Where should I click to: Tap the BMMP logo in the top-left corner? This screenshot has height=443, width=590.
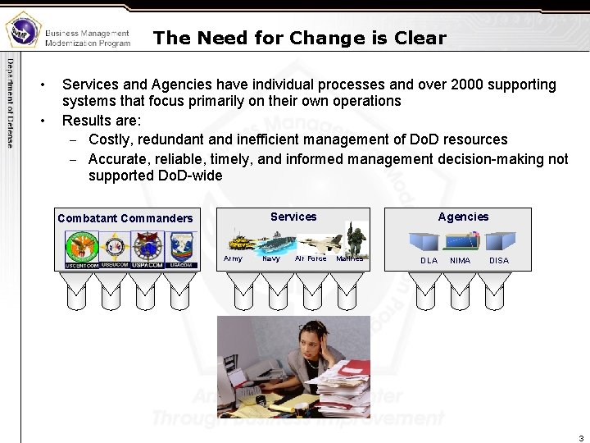click(22, 30)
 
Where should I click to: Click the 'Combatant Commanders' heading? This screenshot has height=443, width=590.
click(125, 218)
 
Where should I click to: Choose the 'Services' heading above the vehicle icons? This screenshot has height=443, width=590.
click(293, 217)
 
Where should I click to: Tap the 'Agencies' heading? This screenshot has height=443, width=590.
click(463, 217)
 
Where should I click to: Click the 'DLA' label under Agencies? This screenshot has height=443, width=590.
click(429, 261)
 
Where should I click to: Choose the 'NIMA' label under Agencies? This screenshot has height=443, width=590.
click(461, 261)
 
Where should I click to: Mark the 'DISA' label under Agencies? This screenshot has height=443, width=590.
click(498, 261)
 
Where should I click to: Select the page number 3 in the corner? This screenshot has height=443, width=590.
click(581, 437)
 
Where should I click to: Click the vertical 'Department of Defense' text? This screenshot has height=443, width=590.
click(11, 103)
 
